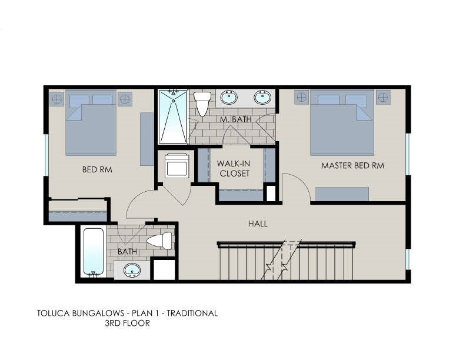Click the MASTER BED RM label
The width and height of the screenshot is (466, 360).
[x=352, y=166]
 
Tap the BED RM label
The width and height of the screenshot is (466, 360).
[x=97, y=170]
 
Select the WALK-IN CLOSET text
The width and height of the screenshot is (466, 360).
[x=233, y=168]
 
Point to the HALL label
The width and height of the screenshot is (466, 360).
[x=258, y=224]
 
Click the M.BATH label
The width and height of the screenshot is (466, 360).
[x=232, y=120]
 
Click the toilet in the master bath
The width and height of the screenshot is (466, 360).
[x=202, y=104]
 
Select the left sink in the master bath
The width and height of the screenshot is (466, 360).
[x=229, y=97]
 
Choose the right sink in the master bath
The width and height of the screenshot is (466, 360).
[x=262, y=97]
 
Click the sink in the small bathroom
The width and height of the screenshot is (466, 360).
[x=132, y=271]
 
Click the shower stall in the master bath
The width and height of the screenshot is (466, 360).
[x=173, y=116]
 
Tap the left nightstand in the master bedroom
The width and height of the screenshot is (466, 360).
[x=301, y=97]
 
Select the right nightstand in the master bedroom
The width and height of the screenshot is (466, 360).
[x=384, y=97]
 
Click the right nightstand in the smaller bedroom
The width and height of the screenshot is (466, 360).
[x=125, y=98]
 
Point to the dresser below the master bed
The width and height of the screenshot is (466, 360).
[x=342, y=194]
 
